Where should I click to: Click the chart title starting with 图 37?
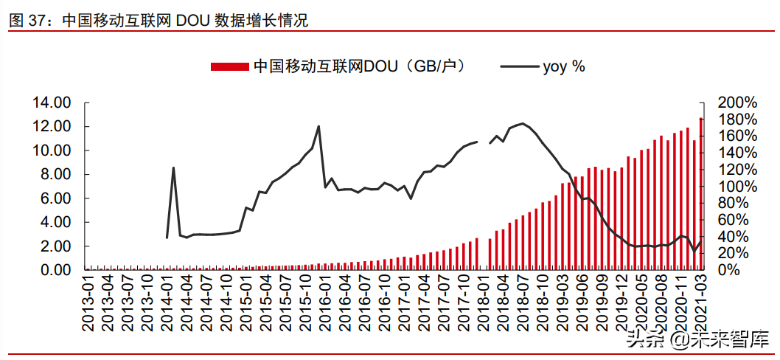[x=158, y=21]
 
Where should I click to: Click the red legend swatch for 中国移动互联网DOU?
[x=229, y=66]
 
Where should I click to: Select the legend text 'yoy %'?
[x=564, y=66]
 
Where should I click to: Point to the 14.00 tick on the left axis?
[x=51, y=103]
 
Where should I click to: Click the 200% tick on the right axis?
[x=737, y=103]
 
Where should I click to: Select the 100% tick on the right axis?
[x=737, y=187]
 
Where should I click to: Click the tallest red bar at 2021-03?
[x=701, y=194]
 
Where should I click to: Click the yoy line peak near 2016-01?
[x=318, y=126]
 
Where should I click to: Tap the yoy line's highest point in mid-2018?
[x=523, y=123]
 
